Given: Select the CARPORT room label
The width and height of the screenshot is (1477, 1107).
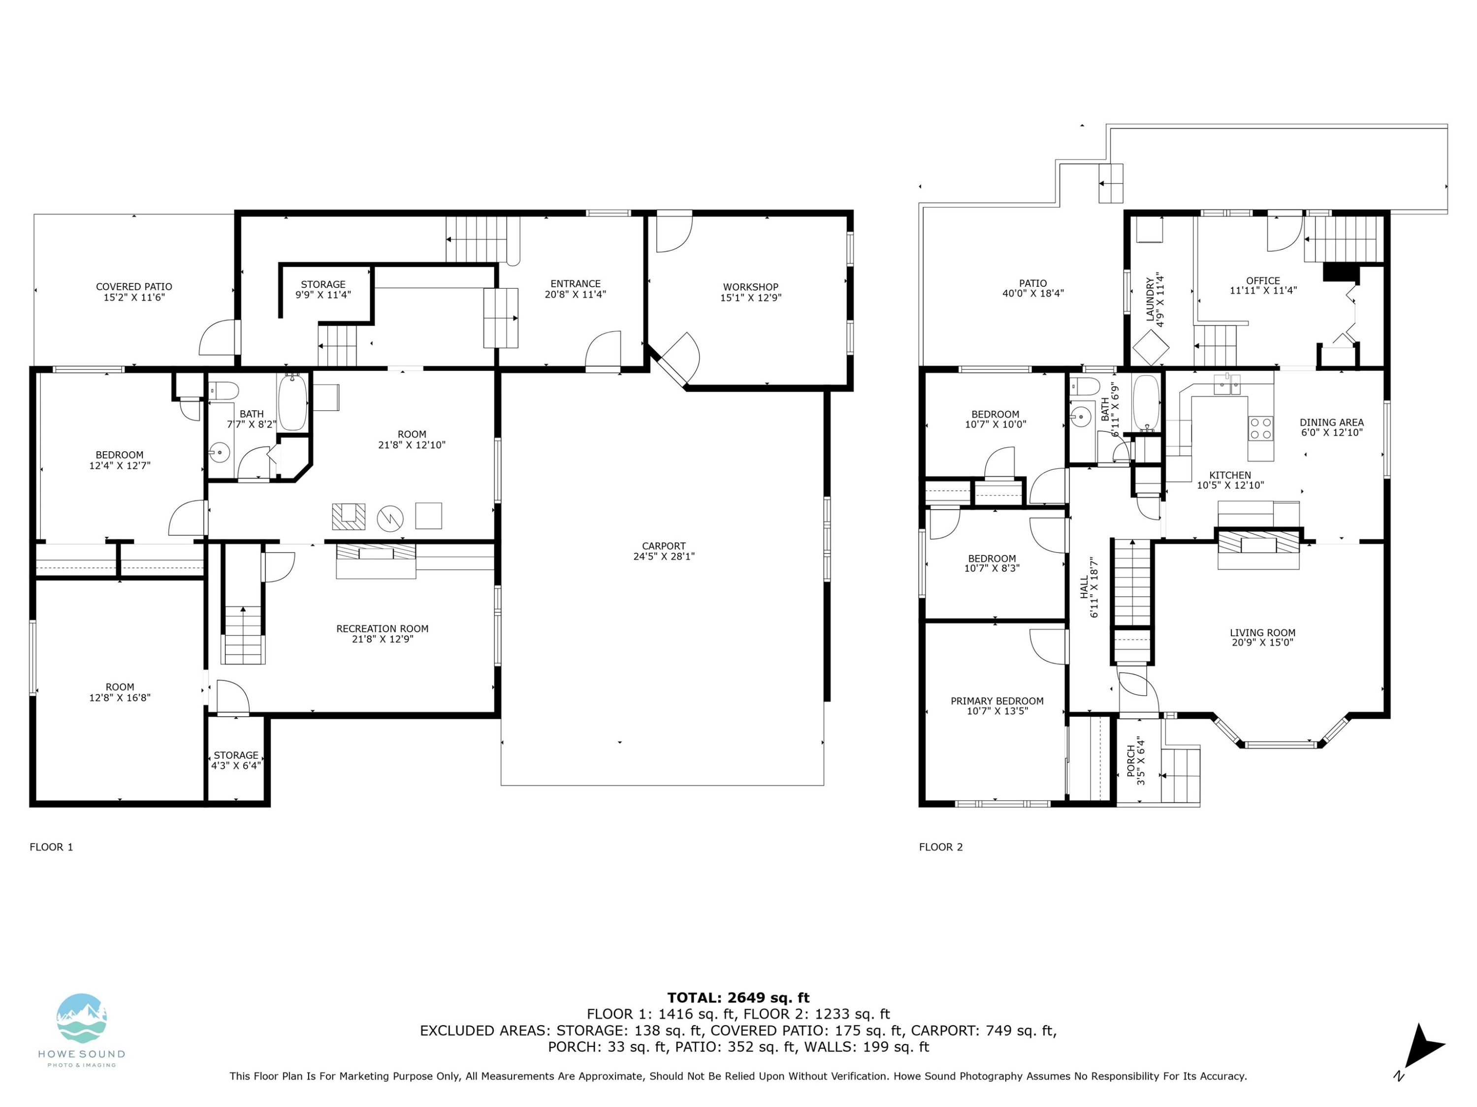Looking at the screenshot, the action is [664, 546].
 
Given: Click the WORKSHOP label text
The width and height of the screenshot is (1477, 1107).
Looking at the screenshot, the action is [750, 287].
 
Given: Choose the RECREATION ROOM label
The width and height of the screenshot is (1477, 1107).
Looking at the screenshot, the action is [382, 629].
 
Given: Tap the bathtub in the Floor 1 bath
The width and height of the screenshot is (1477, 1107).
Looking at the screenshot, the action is [292, 402].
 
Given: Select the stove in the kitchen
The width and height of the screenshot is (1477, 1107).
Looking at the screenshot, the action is [1261, 428].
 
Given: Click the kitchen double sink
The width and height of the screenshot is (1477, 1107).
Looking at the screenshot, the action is [1226, 384].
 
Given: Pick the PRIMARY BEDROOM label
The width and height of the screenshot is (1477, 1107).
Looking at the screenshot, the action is [997, 701].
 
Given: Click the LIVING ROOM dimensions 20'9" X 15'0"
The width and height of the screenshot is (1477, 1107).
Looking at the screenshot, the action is [1263, 643].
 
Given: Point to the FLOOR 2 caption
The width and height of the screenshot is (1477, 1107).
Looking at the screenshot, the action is [941, 847].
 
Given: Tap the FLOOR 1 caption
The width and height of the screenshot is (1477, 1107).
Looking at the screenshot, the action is [51, 847].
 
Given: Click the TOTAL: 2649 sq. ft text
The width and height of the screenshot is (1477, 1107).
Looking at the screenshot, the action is [738, 998].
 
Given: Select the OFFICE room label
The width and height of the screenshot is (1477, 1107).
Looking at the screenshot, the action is [1263, 281].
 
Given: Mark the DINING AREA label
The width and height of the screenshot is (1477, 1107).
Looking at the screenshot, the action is [1331, 422].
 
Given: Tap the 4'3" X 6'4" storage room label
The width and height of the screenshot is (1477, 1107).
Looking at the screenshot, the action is [236, 766].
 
